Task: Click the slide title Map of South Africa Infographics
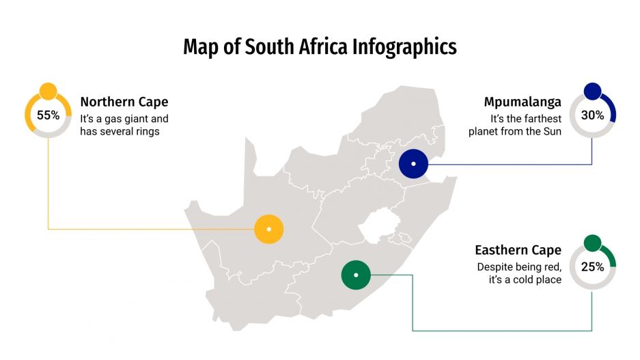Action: (x=320, y=47)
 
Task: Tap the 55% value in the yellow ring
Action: (x=48, y=115)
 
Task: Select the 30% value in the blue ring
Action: (x=592, y=115)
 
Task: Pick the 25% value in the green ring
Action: (x=592, y=267)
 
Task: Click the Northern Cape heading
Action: (x=124, y=102)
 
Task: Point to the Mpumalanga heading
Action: (x=523, y=102)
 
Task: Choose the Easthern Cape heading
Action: (x=518, y=250)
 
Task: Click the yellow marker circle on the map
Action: (x=269, y=229)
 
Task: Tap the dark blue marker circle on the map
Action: (x=413, y=164)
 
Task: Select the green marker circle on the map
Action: (x=355, y=275)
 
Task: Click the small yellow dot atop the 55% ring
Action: (x=48, y=91)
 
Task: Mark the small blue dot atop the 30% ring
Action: (x=592, y=91)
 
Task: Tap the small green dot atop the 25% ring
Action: (x=592, y=243)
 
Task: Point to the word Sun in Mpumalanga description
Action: (x=551, y=131)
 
